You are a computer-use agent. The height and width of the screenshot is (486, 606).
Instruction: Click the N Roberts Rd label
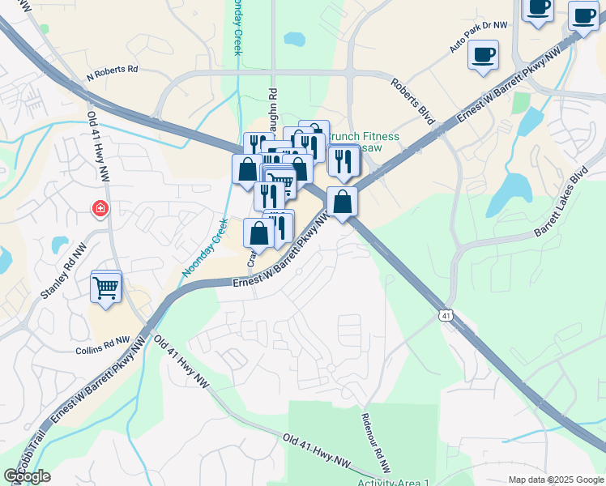[x=113, y=70]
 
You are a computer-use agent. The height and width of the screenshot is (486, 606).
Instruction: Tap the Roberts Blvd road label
[x=412, y=100]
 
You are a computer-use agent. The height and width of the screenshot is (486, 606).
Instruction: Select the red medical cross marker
[x=100, y=209]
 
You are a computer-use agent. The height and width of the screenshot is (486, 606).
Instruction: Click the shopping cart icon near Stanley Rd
[x=106, y=287]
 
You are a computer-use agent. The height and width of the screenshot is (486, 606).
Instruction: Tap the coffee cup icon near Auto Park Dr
[x=483, y=55]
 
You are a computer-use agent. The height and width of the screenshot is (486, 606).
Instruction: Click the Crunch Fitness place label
[x=369, y=137]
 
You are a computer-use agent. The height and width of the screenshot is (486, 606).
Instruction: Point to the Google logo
[x=27, y=476]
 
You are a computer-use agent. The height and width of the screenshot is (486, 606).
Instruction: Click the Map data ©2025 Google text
[x=555, y=480]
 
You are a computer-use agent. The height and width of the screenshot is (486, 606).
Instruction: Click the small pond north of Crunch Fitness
[x=294, y=38]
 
